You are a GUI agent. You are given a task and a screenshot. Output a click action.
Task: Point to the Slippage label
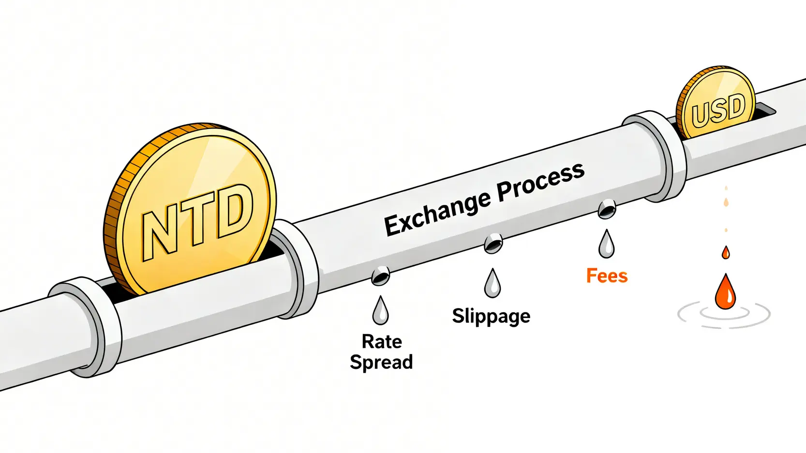[491, 316]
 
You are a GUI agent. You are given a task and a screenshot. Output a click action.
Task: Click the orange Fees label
[607, 276]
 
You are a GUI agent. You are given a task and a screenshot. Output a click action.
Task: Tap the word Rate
[382, 342]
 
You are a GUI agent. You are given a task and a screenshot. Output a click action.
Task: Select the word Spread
[381, 362]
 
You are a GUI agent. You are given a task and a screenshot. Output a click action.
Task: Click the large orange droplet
[725, 292]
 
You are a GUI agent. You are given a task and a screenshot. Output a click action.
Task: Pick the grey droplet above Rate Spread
[381, 311]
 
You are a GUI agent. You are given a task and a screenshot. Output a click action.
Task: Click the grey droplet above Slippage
[493, 284]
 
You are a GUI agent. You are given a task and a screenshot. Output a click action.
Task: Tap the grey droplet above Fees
[606, 245]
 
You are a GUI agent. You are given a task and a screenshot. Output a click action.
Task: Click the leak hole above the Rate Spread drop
[380, 276]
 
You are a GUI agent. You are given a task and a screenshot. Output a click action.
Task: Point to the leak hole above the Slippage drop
[493, 243]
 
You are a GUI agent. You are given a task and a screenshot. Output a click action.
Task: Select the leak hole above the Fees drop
[607, 209]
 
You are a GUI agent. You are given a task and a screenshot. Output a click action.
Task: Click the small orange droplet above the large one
[725, 252]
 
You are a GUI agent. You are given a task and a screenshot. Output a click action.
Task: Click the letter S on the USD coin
[719, 111]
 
